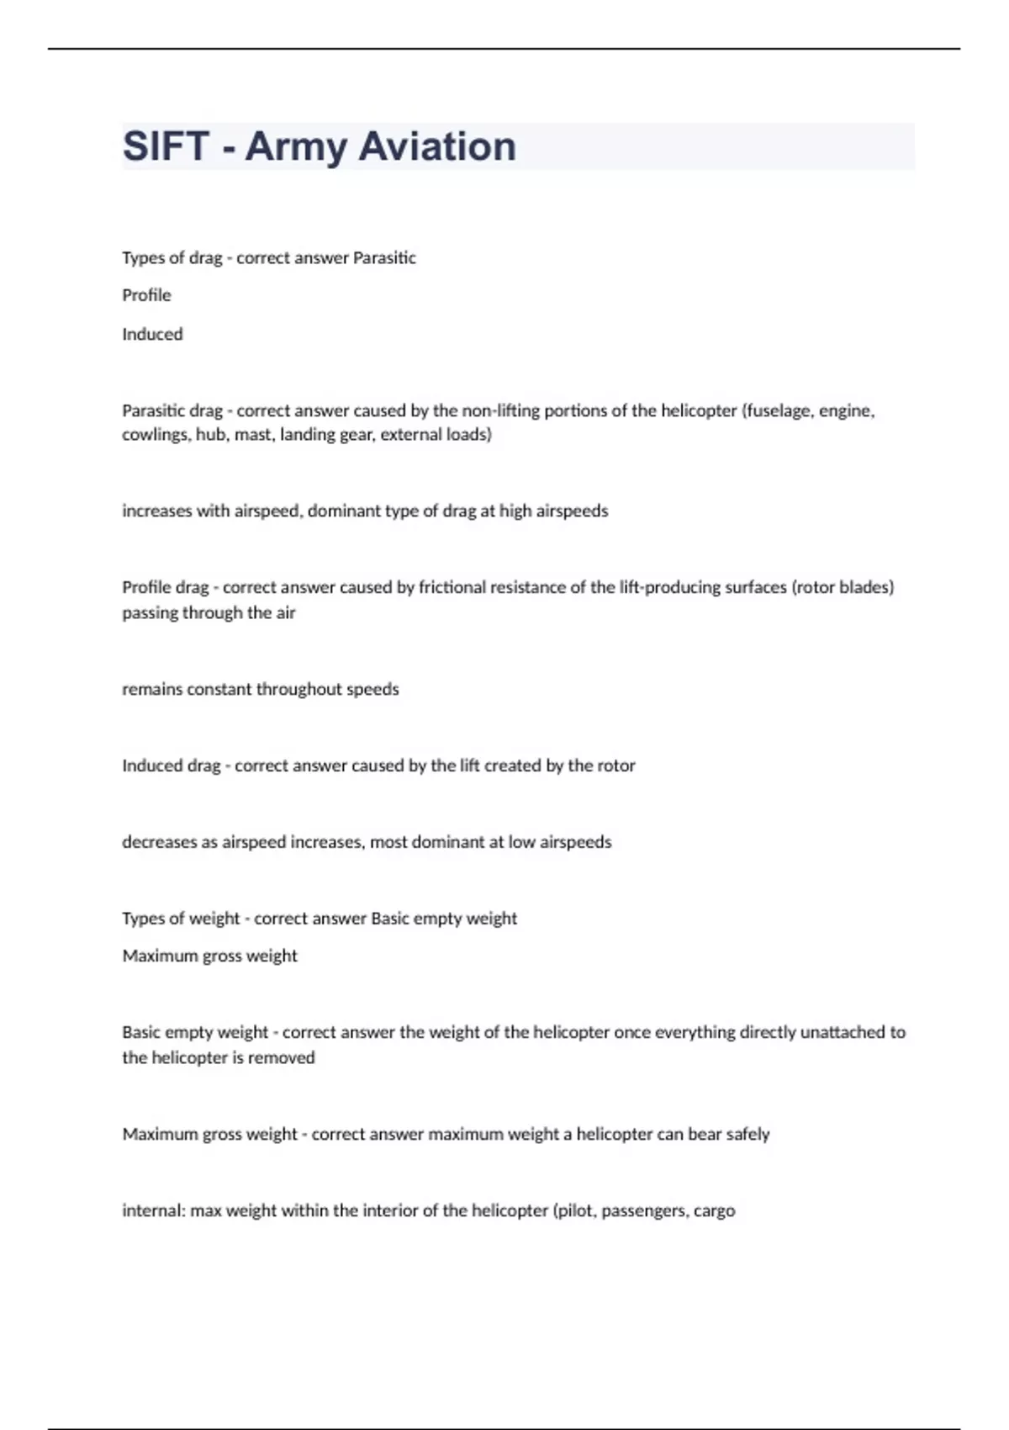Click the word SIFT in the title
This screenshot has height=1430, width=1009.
point(166,146)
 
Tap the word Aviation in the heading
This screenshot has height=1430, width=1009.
point(437,146)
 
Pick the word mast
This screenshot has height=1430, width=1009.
point(253,435)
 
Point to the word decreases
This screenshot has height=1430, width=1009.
point(159,842)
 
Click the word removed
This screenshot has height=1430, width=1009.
point(284,1057)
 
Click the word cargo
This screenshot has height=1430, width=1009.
point(714,1211)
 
